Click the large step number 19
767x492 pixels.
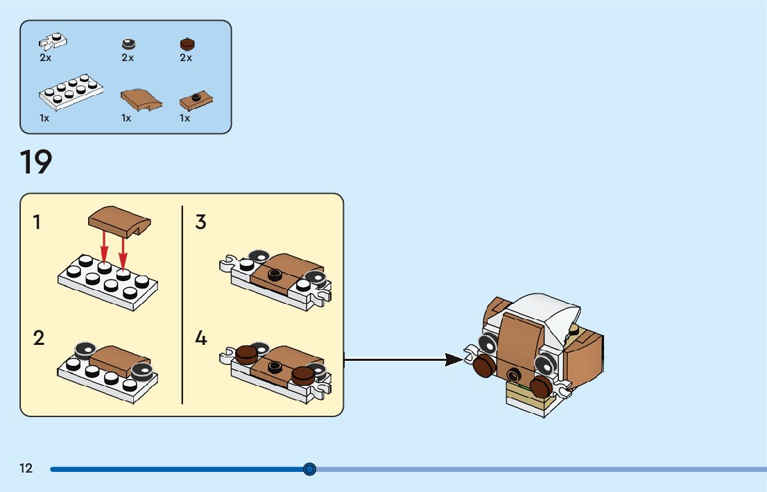point(36,162)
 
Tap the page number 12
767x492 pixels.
point(26,468)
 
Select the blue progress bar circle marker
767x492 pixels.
point(310,469)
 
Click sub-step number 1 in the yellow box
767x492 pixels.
point(37,222)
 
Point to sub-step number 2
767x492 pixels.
point(39,339)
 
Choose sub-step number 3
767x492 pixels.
point(200,222)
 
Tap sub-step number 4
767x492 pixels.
point(200,339)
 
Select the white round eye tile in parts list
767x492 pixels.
point(128,43)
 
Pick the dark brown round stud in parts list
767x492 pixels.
point(186,43)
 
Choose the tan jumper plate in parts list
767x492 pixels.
point(196,100)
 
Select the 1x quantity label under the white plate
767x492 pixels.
point(44,118)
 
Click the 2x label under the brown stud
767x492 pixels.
point(186,58)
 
